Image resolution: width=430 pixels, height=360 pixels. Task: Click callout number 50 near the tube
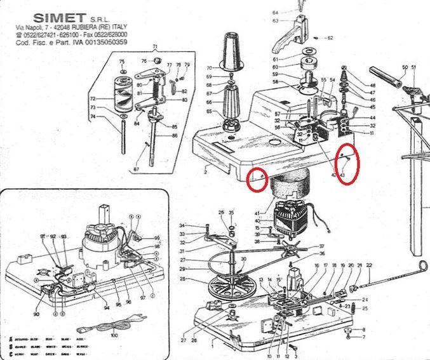click(x=405, y=67)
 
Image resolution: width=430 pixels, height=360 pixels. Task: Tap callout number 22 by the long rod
click(x=368, y=265)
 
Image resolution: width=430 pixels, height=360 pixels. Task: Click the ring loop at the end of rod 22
click(x=422, y=265)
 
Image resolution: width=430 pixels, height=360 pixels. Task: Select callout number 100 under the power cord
click(x=114, y=335)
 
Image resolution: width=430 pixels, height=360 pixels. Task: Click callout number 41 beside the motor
click(x=257, y=213)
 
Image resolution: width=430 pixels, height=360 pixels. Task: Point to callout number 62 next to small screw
click(x=330, y=37)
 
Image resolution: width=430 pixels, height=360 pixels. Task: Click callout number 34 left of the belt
click(x=182, y=225)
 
